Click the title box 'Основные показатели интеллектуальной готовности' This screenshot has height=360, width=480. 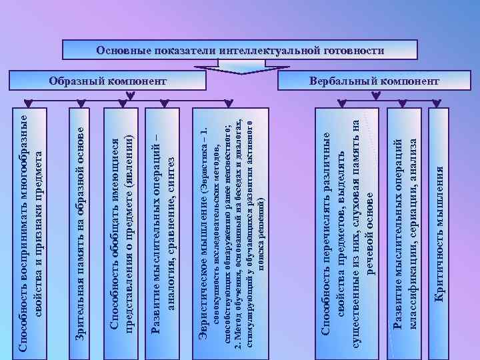(240, 50)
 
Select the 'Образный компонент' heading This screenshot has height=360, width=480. (107, 81)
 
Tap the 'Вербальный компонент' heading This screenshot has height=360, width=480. (374, 81)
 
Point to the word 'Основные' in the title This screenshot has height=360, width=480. (122, 50)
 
